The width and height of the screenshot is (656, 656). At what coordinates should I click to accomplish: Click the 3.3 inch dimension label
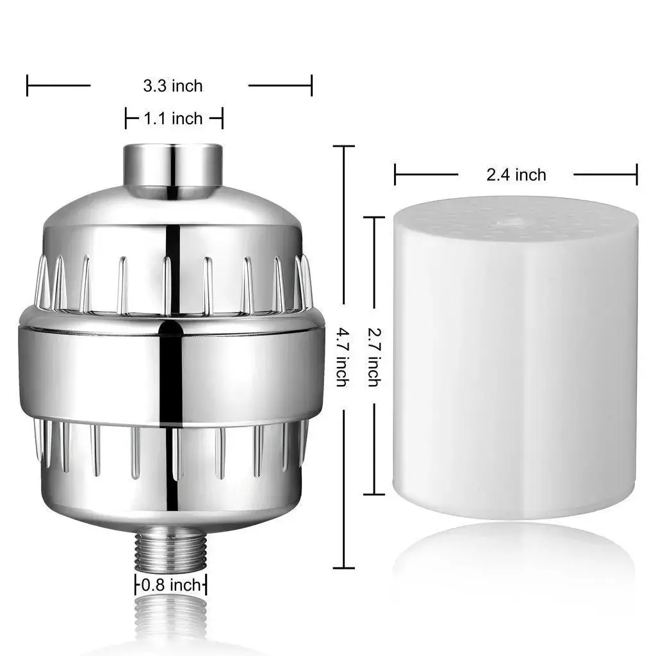pos(172,85)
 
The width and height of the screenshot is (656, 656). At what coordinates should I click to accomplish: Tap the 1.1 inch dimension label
pos(172,119)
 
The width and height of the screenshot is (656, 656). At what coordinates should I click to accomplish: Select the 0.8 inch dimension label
pos(170,584)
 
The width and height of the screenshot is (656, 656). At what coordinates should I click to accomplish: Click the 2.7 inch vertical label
pos(373,356)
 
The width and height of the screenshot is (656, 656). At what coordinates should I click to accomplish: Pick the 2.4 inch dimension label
pos(516,174)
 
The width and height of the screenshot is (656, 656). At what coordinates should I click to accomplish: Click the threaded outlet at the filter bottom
pos(171,550)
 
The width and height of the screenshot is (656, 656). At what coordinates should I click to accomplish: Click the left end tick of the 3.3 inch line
pos(28,85)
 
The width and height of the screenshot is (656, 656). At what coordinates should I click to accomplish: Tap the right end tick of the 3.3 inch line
pos(311,85)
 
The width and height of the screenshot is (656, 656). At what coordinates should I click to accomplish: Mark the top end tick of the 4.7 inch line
pos(343,147)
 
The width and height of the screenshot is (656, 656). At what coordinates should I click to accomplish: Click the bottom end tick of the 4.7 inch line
pos(343,568)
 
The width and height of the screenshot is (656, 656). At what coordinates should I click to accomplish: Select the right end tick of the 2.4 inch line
pos(637,174)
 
